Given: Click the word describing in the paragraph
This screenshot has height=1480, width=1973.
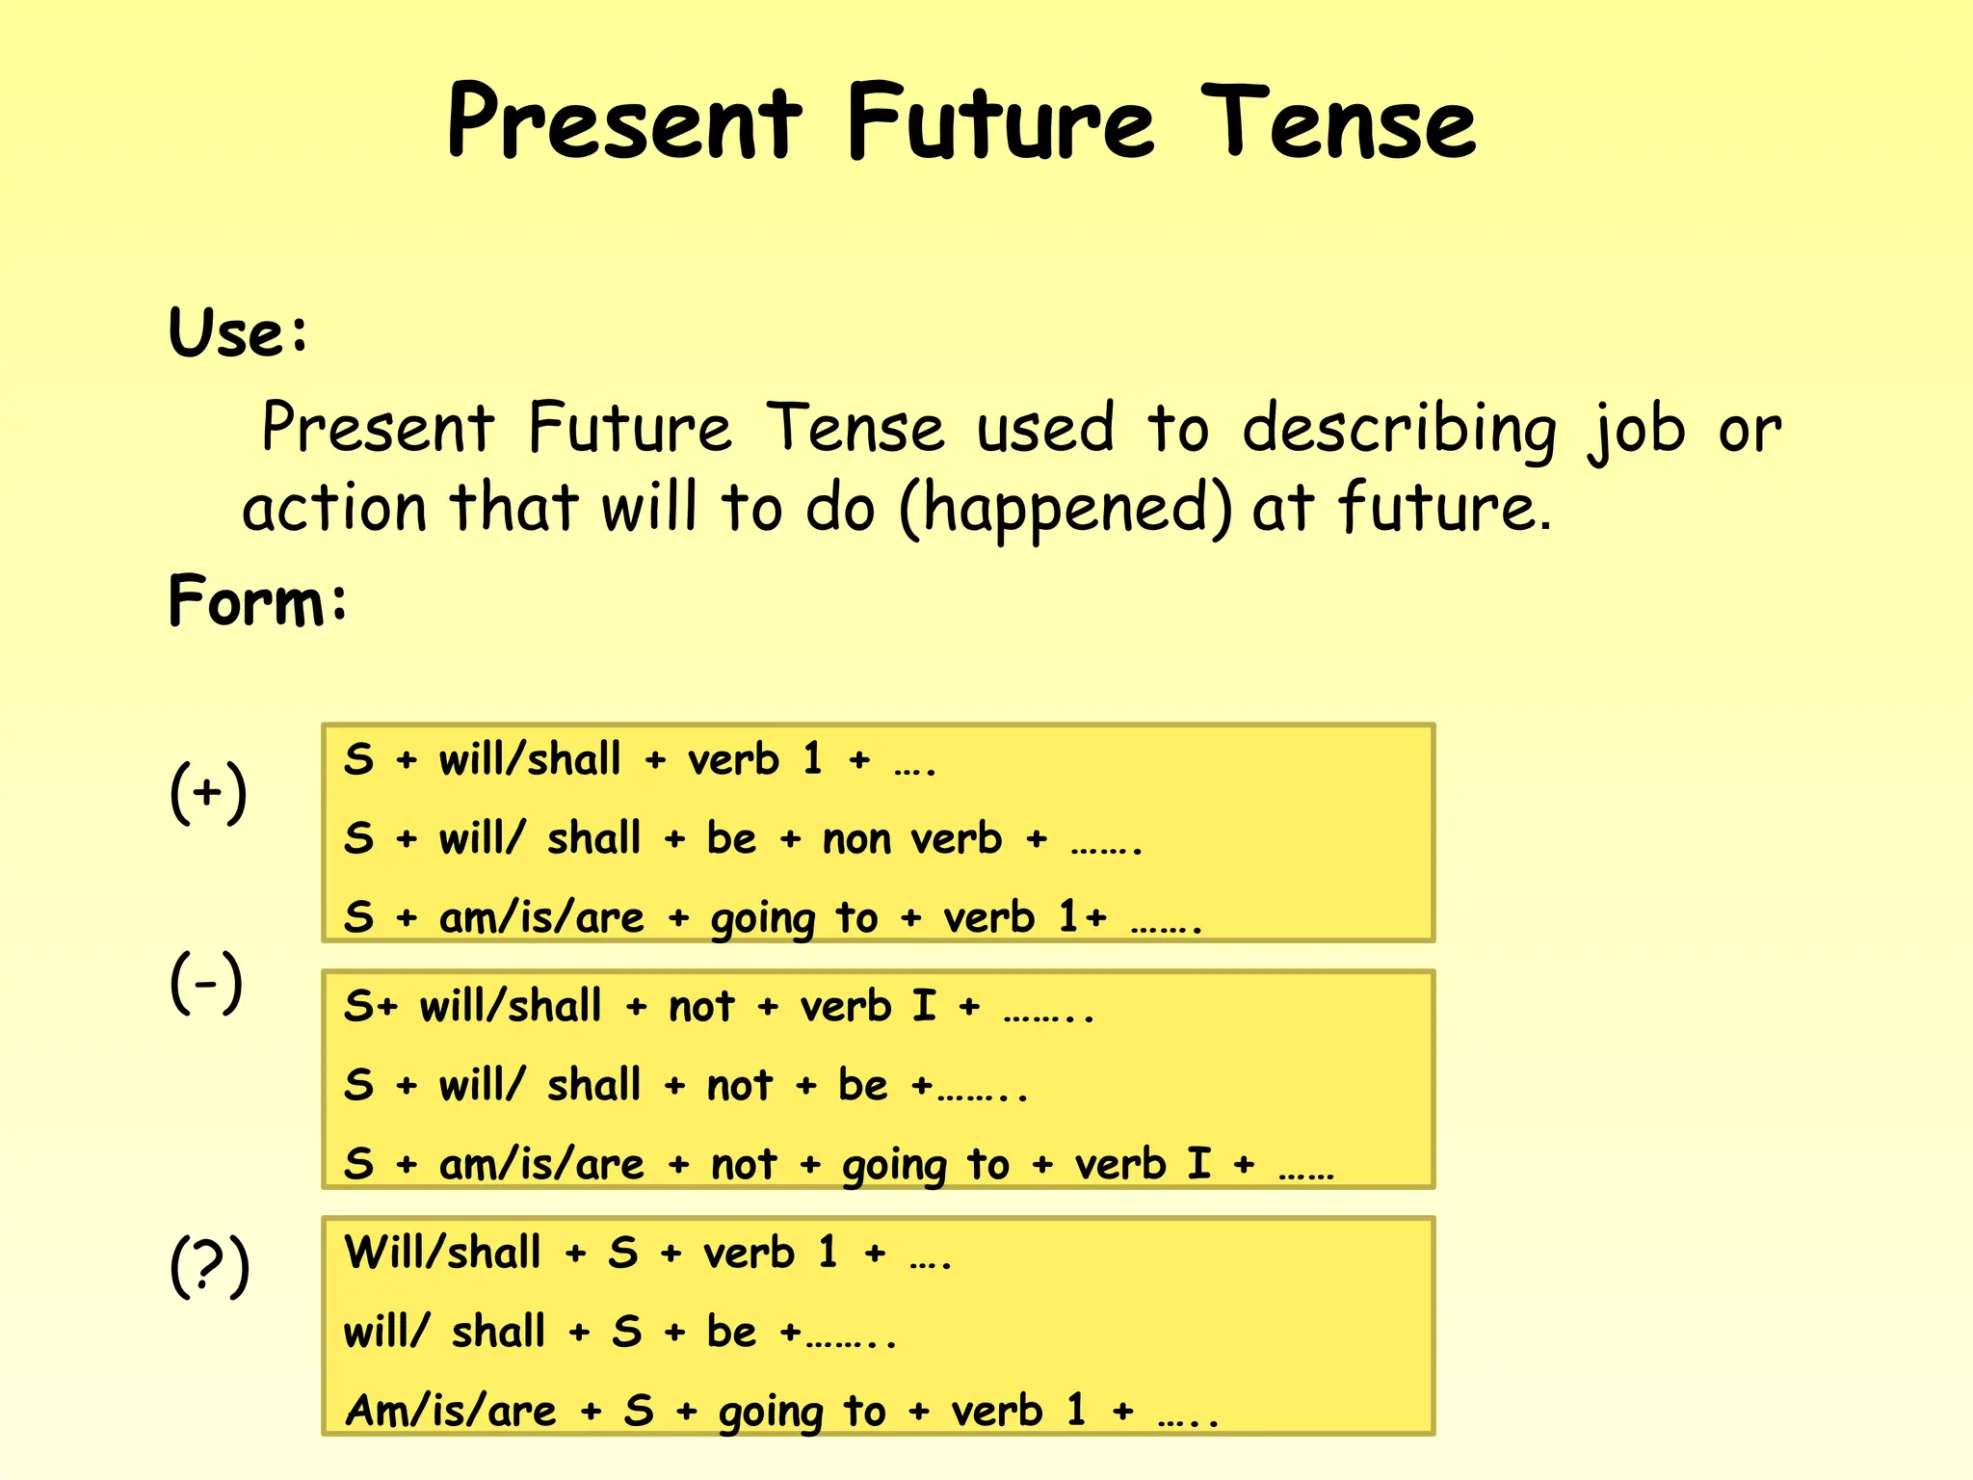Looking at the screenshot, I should (x=1399, y=430).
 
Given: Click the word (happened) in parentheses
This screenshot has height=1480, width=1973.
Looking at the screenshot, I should (x=1065, y=509).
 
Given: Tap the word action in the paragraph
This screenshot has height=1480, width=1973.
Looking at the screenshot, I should (x=334, y=509).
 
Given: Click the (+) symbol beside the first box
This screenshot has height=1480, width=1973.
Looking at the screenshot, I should (x=208, y=792).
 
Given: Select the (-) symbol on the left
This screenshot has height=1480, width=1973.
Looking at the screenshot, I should (x=206, y=982).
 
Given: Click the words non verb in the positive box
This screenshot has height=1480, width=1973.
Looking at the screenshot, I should (x=911, y=839).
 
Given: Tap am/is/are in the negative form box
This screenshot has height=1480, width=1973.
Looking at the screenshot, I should (x=541, y=1165).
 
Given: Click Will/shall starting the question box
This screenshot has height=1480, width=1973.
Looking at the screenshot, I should (x=443, y=1254).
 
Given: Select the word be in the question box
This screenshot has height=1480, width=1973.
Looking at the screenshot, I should (x=731, y=1333).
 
